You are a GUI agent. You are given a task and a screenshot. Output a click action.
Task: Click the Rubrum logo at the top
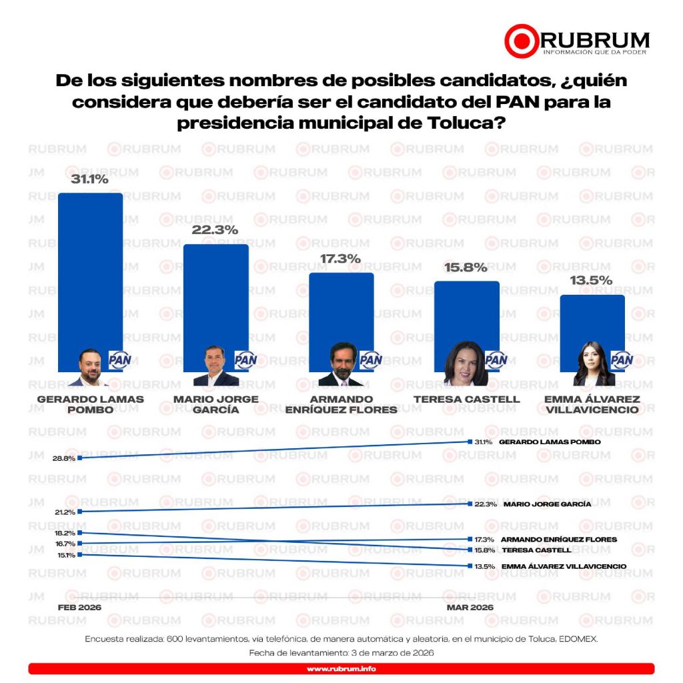(576, 41)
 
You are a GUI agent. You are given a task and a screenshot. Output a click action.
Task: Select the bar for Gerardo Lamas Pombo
(90, 267)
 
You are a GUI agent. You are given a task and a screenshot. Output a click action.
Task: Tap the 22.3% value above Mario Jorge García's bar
(215, 230)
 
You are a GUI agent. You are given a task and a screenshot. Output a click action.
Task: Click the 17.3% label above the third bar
(341, 259)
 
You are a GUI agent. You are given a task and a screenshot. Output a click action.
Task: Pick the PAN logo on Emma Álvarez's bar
(622, 361)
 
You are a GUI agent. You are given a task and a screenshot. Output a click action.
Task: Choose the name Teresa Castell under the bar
(466, 400)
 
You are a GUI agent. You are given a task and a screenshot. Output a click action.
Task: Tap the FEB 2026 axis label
(79, 608)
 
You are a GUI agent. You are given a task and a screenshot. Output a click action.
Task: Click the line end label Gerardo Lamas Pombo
(550, 442)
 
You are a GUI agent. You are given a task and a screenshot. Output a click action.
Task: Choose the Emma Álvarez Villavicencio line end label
(564, 566)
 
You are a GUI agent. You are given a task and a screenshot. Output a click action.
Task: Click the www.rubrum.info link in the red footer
(341, 669)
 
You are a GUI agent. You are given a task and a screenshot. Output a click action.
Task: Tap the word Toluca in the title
(462, 124)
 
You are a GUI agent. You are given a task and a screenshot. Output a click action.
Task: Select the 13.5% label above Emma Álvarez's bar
(592, 281)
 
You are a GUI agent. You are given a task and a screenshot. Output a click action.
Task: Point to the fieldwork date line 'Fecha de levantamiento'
(341, 653)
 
